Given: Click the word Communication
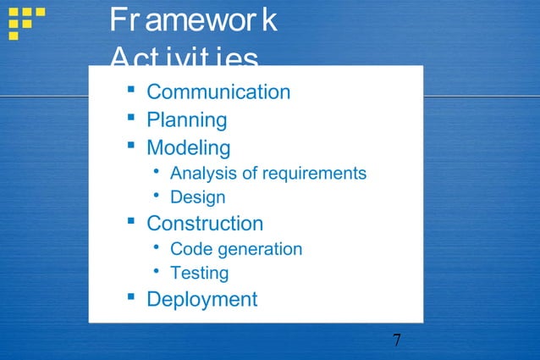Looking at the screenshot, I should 218,91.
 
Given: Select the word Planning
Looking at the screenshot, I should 187,119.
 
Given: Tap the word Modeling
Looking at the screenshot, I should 189,147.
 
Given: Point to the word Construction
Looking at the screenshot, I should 205,224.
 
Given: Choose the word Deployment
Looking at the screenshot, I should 202,299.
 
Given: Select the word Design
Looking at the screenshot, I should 198,197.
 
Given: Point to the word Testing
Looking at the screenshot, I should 200,273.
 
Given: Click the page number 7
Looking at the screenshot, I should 397,341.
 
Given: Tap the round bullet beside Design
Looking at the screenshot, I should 157,196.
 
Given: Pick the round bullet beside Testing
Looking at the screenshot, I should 157,271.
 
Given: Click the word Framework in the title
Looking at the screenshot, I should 193,22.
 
